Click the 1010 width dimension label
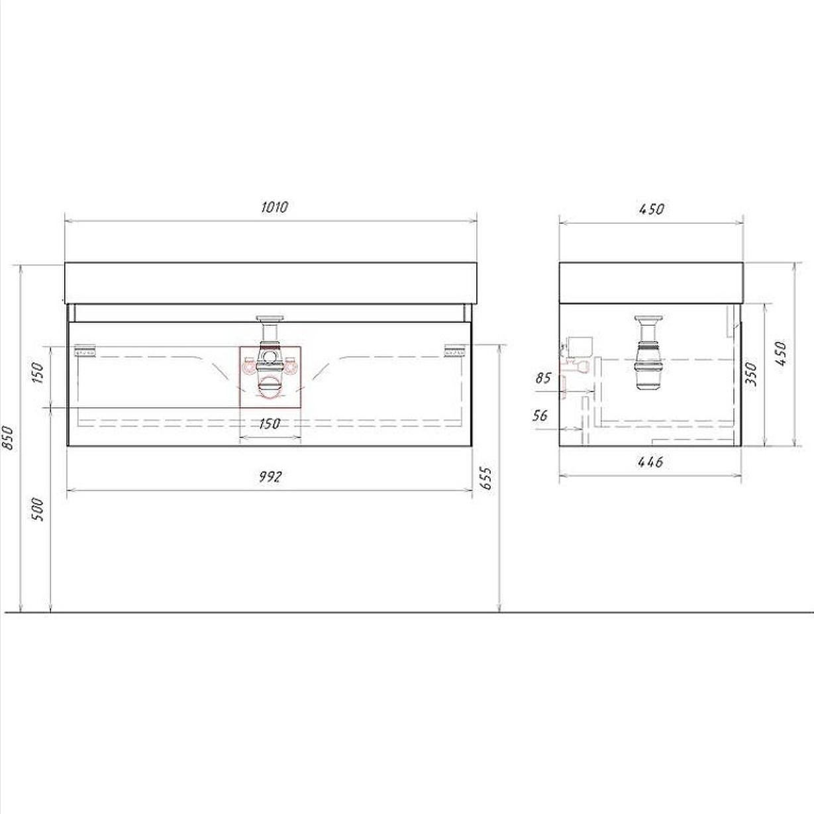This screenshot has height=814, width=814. pos(275,207)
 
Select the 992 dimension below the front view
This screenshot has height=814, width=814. pos(270,477)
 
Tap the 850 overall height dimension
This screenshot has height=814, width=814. pos(9,438)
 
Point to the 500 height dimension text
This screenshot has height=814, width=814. pos(38,509)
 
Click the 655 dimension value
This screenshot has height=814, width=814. pos(486,478)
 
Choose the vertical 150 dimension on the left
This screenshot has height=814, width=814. pos(38,372)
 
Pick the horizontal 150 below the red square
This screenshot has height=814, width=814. pos(270,423)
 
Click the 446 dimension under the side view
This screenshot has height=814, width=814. pos(650,462)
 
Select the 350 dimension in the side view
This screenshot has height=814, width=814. pos(750,374)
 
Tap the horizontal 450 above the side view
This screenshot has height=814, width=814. pos(651,209)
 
